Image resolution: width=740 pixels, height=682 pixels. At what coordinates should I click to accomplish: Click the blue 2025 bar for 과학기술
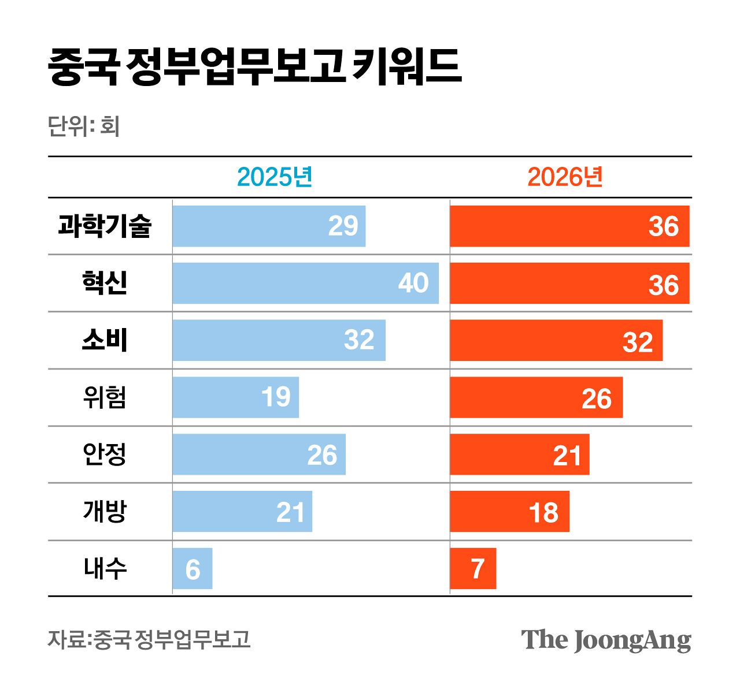pyautogui.click(x=269, y=226)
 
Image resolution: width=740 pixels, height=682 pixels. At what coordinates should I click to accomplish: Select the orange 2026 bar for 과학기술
pyautogui.click(x=569, y=226)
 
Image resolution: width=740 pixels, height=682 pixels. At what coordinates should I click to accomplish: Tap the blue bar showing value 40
pyautogui.click(x=305, y=283)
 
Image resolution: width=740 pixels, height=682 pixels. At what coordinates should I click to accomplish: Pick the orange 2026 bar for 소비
pyautogui.click(x=556, y=340)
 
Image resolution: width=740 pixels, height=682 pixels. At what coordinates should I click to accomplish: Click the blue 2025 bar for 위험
pyautogui.click(x=235, y=397)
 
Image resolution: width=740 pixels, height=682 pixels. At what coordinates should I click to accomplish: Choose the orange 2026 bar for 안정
pyautogui.click(x=519, y=454)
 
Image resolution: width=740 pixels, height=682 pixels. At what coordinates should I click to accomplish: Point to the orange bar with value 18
pyautogui.click(x=509, y=512)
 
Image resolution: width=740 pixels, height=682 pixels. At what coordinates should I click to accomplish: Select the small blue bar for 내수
pyautogui.click(x=193, y=569)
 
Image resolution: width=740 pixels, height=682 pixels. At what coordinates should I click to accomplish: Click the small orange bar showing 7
pyautogui.click(x=473, y=569)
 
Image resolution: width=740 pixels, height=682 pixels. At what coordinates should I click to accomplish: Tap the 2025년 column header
pyautogui.click(x=275, y=177)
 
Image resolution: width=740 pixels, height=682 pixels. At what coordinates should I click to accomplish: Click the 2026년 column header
pyautogui.click(x=565, y=177)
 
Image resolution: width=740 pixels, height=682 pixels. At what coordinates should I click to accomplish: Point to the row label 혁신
pyautogui.click(x=105, y=283)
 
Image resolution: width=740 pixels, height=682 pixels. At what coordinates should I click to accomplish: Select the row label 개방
pyautogui.click(x=105, y=512)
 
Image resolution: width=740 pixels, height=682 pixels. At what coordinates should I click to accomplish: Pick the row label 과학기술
pyautogui.click(x=105, y=226)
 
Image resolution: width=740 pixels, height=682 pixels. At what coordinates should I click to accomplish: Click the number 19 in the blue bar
pyautogui.click(x=275, y=397)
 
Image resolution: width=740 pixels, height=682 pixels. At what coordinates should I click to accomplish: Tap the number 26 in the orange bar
pyautogui.click(x=596, y=398)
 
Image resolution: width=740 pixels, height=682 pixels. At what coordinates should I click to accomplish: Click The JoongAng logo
pyautogui.click(x=606, y=640)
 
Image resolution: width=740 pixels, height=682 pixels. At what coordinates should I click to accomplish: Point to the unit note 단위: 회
pyautogui.click(x=84, y=126)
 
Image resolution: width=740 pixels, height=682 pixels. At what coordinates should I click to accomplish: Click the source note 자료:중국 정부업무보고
pyautogui.click(x=149, y=639)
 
